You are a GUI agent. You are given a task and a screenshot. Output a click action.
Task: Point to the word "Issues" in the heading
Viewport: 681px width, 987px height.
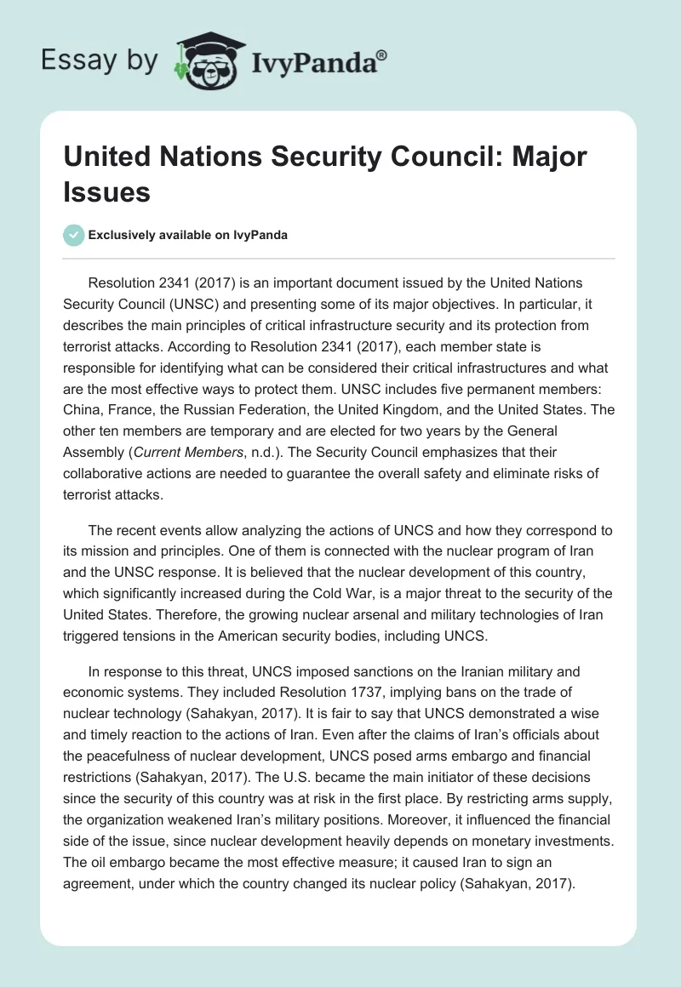106,192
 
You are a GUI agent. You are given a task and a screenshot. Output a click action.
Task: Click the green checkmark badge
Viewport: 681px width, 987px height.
74,235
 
